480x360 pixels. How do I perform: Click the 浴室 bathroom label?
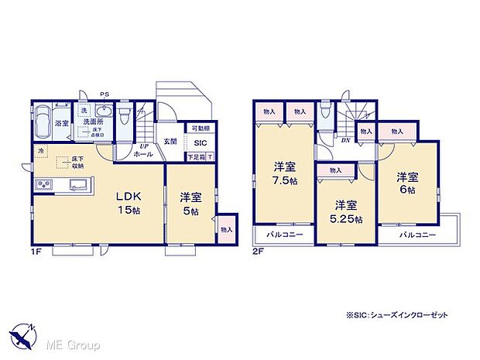62,123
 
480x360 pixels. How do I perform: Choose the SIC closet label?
201,142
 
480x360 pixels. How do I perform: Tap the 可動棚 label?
200,129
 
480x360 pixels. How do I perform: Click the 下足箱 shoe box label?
197,157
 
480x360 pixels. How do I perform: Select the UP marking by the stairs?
143,146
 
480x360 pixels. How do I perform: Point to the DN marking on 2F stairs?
345,140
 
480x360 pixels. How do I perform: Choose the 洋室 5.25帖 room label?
345,212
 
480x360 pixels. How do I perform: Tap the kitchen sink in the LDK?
77,185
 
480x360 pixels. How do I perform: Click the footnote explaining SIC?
397,315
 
